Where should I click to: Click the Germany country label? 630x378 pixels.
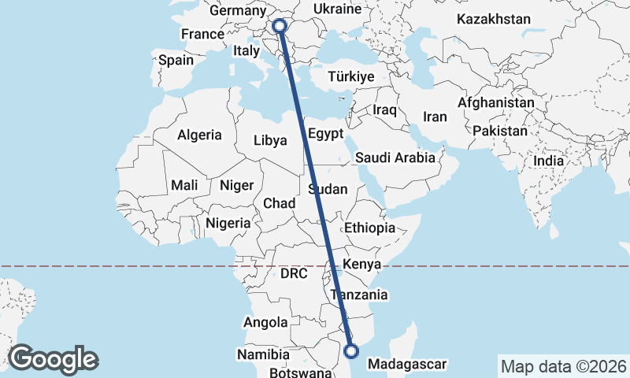click(238, 11)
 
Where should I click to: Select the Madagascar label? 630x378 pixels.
click(407, 365)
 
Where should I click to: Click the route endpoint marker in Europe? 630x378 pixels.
click(280, 26)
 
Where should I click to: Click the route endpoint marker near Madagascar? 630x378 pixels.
click(351, 351)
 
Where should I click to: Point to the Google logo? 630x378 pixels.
click(53, 359)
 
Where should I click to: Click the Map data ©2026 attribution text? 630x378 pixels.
click(563, 366)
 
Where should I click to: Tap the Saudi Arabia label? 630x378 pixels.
click(395, 157)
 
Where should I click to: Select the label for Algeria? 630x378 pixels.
click(199, 135)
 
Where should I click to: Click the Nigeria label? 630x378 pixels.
click(228, 223)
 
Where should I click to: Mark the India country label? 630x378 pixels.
click(549, 161)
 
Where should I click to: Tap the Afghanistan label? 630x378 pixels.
click(495, 103)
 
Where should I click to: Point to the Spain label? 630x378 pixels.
click(176, 60)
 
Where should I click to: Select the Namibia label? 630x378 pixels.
click(264, 355)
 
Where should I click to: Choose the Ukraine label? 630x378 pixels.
click(336, 9)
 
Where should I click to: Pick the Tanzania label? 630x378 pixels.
click(359, 295)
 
